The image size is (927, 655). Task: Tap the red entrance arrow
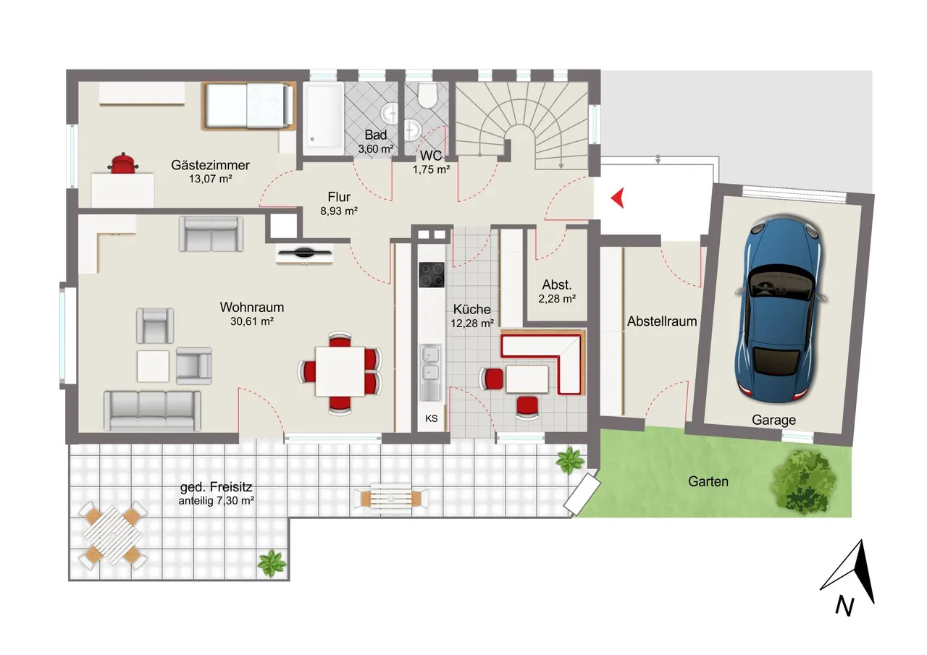618,198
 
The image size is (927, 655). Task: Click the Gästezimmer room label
210,165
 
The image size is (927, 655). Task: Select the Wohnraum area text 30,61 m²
251,321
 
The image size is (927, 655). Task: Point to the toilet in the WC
427,95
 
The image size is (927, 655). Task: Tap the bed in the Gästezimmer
248,106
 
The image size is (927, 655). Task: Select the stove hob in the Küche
432,274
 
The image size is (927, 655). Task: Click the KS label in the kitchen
431,418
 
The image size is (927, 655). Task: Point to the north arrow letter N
844,607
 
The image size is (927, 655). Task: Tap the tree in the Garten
802,482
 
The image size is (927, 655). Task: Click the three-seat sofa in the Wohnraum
152,410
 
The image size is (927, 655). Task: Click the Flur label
339,197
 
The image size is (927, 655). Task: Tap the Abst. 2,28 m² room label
557,291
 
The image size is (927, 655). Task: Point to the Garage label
774,420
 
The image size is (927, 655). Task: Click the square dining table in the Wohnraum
340,371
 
